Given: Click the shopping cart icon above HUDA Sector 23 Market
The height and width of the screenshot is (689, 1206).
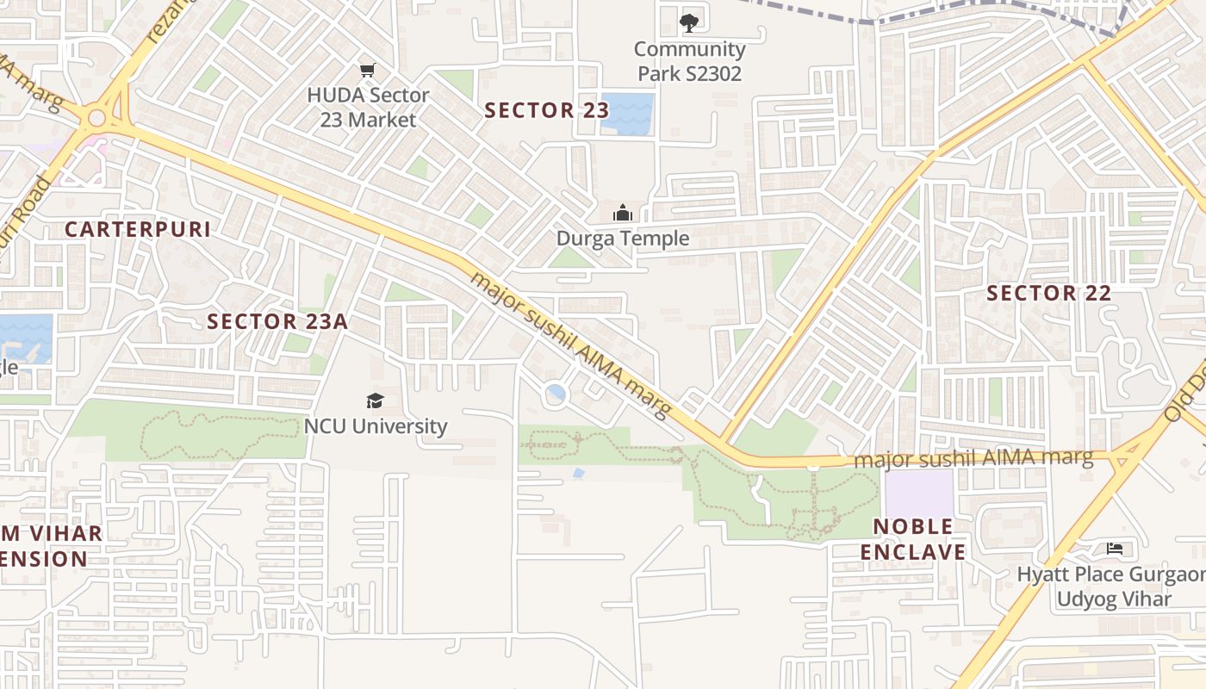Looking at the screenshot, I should pos(368,70).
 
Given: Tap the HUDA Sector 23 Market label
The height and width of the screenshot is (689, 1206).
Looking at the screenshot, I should pos(368,107).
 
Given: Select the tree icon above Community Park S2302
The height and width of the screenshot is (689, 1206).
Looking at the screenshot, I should pos(688,23).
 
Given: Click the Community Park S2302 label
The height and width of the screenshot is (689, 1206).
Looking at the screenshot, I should pos(689,61).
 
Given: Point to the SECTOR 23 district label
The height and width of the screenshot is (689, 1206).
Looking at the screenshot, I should pos(546,110).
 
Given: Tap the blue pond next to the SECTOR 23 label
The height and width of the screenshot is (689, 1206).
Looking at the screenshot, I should pos(627,114).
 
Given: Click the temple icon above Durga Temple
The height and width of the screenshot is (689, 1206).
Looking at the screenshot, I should pos(622,212).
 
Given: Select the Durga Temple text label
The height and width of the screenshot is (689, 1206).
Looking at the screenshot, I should pos(623,239).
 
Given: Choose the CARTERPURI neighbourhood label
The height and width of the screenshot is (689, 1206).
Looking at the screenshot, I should pos(138,229).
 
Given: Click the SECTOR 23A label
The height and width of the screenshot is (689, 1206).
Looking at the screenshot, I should pos(277,321).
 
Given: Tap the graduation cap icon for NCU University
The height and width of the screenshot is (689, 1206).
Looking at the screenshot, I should pos(375,400).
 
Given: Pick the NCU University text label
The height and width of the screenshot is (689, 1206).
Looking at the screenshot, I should pos(376,426).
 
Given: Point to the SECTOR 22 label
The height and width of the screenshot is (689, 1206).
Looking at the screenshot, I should pos(1048,293).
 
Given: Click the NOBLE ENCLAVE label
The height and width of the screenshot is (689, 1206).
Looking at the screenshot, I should pos(913,539).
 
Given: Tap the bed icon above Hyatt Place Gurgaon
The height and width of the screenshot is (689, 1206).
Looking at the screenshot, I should pos(1115,549).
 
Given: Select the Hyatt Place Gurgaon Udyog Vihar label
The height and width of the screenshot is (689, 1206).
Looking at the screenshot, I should pos(1111,587).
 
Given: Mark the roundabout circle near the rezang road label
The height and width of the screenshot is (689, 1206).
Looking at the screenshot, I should pos(96,117).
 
